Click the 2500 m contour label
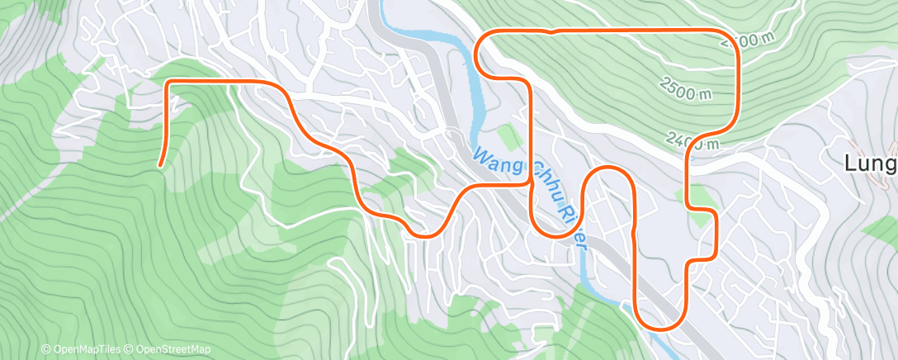click(685, 88)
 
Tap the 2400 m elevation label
click(692, 141)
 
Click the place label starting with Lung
click(872, 163)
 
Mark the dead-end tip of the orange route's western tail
click(158, 165)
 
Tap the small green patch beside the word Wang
click(511, 137)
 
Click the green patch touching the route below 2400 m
click(701, 197)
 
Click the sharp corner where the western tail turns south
click(170, 83)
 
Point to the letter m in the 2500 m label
click(704, 94)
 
